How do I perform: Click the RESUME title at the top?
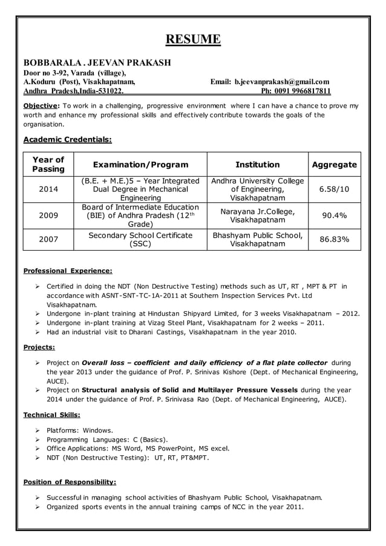click(193, 40)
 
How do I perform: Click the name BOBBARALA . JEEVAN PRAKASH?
click(97, 62)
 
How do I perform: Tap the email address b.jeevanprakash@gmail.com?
click(281, 82)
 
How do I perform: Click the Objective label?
click(40, 105)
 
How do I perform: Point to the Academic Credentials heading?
click(67, 140)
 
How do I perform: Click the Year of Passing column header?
click(48, 164)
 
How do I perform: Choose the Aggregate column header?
click(334, 165)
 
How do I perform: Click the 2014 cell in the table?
click(48, 189)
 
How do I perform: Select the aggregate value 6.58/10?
click(334, 189)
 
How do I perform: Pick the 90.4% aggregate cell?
click(334, 215)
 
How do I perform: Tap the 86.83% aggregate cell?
click(334, 239)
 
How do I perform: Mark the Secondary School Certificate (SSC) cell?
click(140, 240)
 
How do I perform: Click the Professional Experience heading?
click(67, 271)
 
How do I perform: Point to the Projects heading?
click(39, 347)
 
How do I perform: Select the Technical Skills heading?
click(51, 415)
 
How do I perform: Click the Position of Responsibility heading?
click(69, 482)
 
